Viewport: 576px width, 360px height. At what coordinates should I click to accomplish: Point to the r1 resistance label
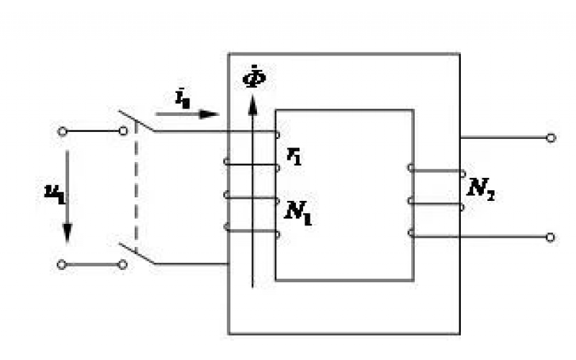click(293, 156)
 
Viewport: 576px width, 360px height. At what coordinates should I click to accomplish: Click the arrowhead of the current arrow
click(210, 113)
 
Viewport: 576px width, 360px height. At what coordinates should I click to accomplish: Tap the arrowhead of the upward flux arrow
click(252, 105)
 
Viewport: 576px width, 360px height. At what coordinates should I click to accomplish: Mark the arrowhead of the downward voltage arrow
click(66, 234)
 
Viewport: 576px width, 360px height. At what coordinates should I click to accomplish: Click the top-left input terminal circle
click(62, 131)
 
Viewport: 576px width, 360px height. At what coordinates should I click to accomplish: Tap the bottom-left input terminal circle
click(62, 264)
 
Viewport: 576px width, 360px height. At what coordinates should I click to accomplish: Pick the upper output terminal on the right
click(551, 137)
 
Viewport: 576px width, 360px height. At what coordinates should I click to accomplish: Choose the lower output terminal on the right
click(551, 236)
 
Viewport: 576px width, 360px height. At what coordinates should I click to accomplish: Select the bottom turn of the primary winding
click(252, 231)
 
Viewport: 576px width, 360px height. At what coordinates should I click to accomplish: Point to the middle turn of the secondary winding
click(436, 202)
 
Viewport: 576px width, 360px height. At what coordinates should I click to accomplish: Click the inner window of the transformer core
click(344, 194)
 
